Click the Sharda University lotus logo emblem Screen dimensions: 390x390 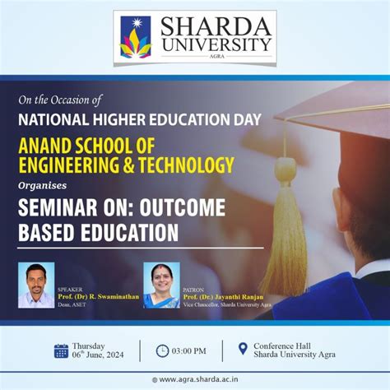136,38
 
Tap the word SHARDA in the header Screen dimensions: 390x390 215,27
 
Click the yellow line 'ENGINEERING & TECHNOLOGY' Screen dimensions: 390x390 126,165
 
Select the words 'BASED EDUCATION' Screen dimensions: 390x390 98,233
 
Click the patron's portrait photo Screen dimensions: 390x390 160,285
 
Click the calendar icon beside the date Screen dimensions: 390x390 61,351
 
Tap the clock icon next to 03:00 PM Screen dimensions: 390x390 162,351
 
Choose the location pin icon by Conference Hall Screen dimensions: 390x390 243,349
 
